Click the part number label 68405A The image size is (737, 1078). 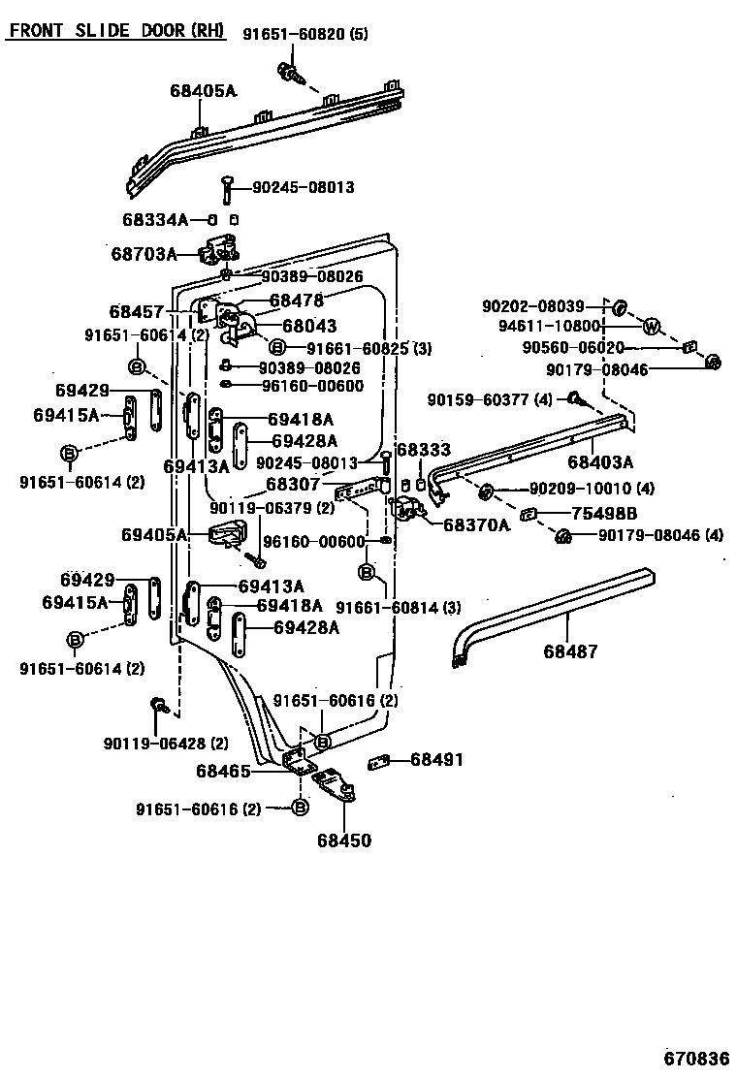point(203,91)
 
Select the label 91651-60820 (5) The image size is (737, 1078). point(305,36)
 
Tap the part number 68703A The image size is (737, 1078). point(144,255)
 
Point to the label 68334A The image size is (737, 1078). point(155,219)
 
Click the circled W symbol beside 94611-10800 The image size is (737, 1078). point(652,326)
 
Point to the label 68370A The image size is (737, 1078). point(476,524)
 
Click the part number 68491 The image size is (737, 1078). point(435,760)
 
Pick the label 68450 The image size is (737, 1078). point(343,840)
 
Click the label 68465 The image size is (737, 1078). point(224,772)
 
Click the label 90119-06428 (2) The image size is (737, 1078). point(166,744)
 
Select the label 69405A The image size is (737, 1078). point(154,534)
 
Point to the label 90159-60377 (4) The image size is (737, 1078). point(490,399)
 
